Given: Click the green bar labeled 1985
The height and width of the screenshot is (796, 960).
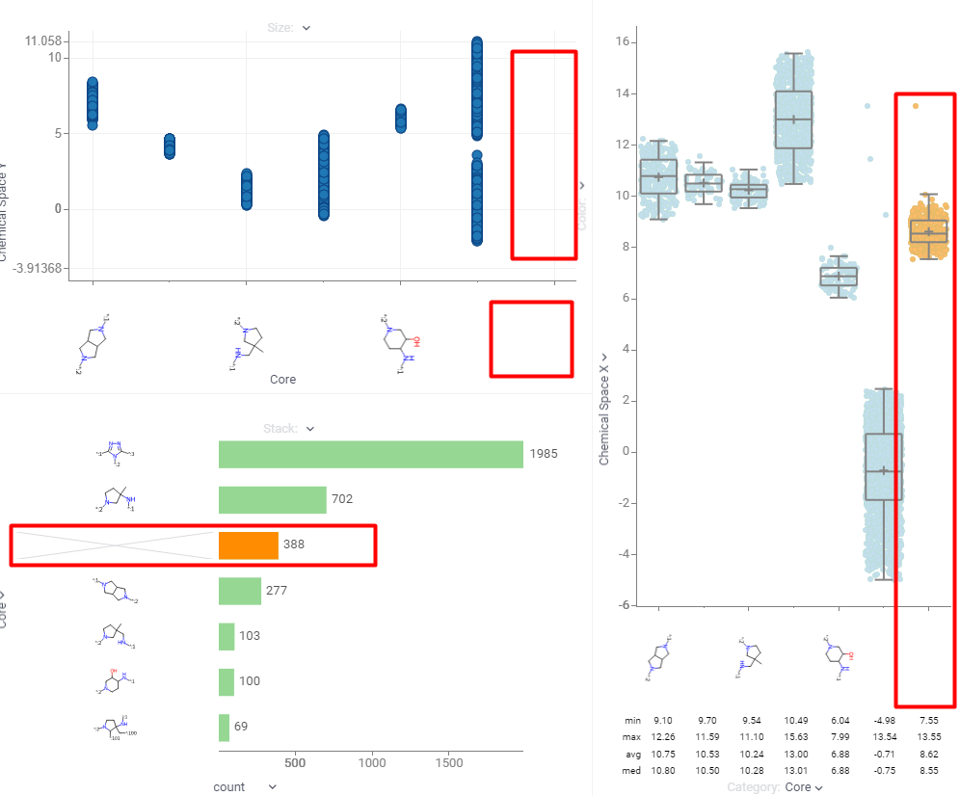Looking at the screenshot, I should tap(370, 454).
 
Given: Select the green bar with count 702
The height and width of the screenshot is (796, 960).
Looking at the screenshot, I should tap(272, 499).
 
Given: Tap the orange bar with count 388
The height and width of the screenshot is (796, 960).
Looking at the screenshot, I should tap(248, 545).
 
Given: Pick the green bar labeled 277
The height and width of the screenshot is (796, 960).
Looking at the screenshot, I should tap(239, 590).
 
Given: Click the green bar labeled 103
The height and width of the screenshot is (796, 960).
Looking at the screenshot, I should tap(227, 636).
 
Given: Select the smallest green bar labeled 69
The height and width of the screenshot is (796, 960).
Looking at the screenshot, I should tap(224, 727).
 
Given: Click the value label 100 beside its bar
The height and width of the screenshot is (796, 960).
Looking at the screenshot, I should tap(250, 681).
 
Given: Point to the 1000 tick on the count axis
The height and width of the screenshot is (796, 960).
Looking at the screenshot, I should tap(373, 762).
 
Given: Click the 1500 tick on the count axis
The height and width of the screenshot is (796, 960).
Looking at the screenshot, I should tap(449, 762).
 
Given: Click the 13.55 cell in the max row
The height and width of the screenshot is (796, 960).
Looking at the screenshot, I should tap(928, 737).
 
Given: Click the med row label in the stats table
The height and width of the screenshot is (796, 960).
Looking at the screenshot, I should tap(632, 771).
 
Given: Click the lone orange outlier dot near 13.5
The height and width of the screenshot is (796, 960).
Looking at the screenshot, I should tap(915, 106).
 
